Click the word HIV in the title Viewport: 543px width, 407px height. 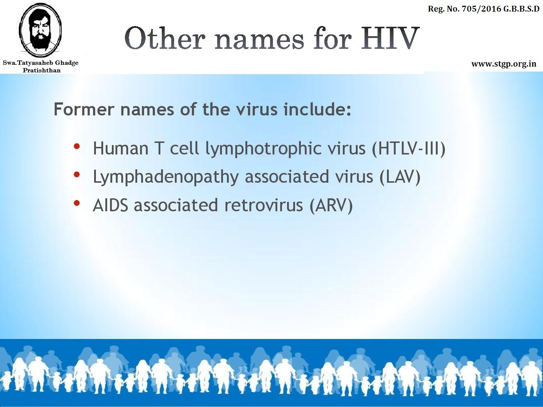click(390, 38)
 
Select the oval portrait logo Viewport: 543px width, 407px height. click(40, 30)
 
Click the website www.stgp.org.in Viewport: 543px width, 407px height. click(504, 64)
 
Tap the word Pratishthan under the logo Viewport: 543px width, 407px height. click(42, 70)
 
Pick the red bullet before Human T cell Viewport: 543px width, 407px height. click(77, 146)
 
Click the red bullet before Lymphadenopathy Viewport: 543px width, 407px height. click(77, 175)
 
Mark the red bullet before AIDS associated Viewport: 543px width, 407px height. click(77, 203)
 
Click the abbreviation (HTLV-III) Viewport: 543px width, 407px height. click(409, 149)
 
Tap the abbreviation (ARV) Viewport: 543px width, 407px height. click(331, 205)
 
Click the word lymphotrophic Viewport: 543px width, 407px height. click(264, 149)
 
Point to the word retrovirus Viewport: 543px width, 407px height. click(264, 205)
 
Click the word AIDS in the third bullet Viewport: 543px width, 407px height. click(110, 205)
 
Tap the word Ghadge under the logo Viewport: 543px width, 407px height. click(67, 63)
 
